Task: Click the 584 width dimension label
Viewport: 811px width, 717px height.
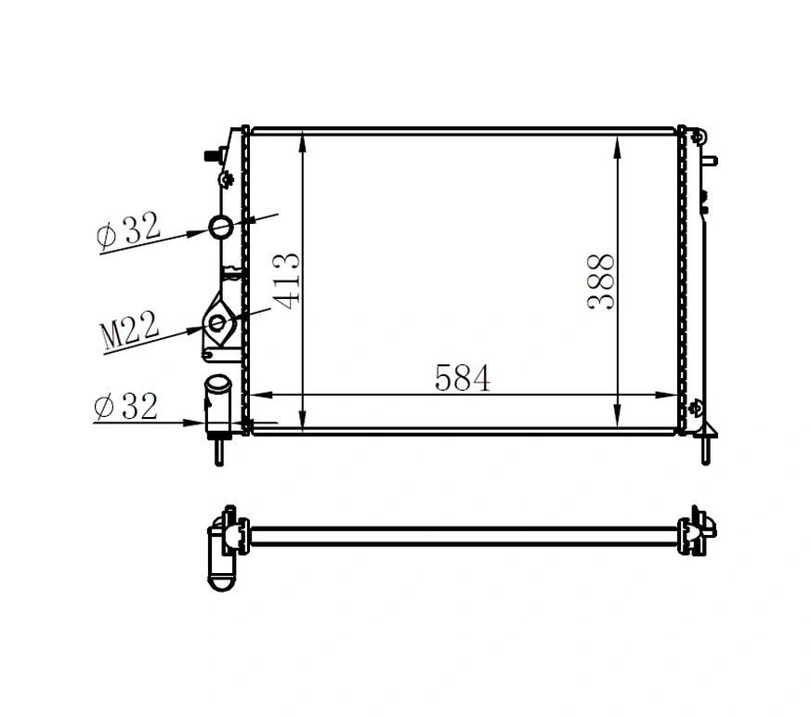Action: click(462, 378)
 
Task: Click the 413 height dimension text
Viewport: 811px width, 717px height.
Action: click(287, 280)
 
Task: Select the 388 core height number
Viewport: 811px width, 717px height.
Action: click(601, 281)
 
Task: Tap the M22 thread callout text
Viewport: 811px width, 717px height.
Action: click(129, 332)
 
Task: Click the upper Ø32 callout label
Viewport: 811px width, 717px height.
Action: click(129, 229)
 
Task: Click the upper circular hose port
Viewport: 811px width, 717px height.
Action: click(222, 226)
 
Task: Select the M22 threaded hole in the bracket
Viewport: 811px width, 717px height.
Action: click(218, 323)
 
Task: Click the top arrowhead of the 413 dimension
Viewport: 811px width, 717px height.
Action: click(302, 140)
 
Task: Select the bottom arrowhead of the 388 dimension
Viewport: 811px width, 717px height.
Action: click(618, 420)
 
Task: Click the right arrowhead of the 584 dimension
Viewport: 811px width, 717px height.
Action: click(675, 395)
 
